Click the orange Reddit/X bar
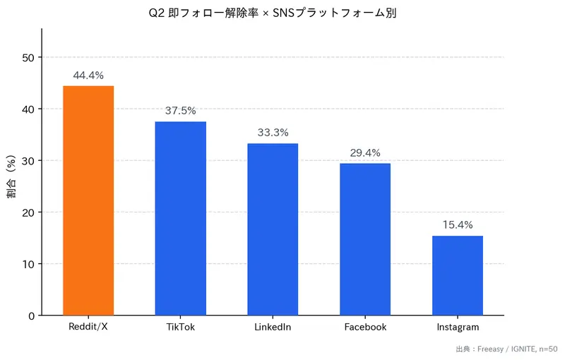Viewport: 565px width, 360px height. click(x=88, y=200)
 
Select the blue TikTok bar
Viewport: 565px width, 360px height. click(x=180, y=218)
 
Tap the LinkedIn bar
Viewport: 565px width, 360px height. click(x=273, y=229)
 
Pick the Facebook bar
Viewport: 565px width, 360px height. click(x=365, y=239)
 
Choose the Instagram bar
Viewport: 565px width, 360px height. click(x=457, y=275)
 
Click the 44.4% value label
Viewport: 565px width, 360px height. click(x=88, y=75)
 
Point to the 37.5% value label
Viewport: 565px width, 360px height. click(x=180, y=111)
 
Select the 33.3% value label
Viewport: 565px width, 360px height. click(x=273, y=133)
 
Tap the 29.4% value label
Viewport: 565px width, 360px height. click(x=365, y=152)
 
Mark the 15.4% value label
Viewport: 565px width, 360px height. click(x=457, y=224)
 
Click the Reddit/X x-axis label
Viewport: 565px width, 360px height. click(x=88, y=328)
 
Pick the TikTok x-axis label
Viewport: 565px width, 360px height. click(x=180, y=328)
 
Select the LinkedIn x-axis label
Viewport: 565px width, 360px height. click(x=273, y=328)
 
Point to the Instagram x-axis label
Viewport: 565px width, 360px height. click(x=457, y=328)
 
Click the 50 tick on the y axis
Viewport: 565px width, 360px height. click(x=28, y=57)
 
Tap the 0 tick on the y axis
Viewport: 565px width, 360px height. click(x=31, y=316)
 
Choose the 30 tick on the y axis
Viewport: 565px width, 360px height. click(x=28, y=161)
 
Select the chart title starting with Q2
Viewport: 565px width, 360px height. click(x=273, y=13)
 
